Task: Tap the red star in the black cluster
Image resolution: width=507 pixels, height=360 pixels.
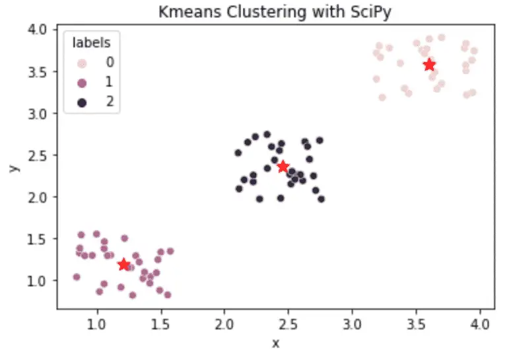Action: [x=283, y=166]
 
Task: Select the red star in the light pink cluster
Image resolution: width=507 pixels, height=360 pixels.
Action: [x=429, y=65]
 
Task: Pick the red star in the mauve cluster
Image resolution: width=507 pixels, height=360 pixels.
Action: [x=123, y=265]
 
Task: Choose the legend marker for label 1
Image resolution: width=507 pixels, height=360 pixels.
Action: [x=83, y=84]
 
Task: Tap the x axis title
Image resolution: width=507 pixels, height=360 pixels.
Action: [x=276, y=343]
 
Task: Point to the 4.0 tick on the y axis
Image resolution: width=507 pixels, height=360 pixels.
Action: [x=38, y=29]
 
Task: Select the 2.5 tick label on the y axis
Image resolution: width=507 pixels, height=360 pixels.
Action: [x=38, y=155]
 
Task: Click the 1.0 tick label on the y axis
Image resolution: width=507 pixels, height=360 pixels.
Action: [x=38, y=281]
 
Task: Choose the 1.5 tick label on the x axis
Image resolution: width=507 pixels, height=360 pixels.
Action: [x=161, y=325]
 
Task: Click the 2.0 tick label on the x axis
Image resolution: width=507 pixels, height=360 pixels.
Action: [x=224, y=325]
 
